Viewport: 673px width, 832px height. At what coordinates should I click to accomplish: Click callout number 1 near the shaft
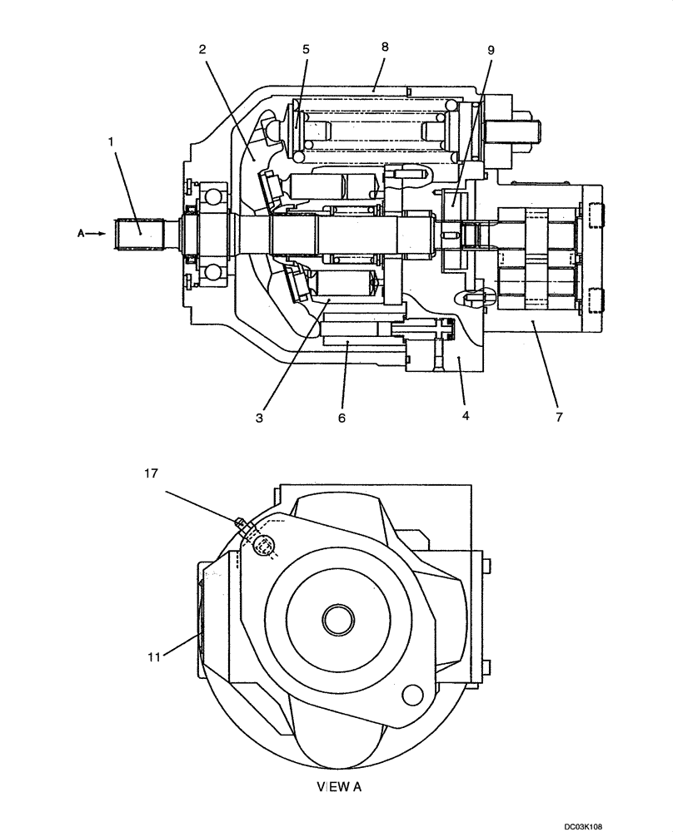pos(110,142)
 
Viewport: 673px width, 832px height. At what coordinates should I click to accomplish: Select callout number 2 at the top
pos(202,48)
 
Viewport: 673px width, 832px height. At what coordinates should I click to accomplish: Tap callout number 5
pos(306,49)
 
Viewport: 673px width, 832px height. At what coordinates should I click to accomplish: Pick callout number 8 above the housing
pos(384,47)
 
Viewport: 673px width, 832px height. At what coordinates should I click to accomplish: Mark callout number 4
pos(465,414)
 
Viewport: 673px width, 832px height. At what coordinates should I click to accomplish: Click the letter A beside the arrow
pos(81,234)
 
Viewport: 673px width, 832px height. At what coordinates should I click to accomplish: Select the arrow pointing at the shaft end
pos(97,234)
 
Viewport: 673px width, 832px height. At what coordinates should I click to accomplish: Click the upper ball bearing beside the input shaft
pos(216,196)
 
